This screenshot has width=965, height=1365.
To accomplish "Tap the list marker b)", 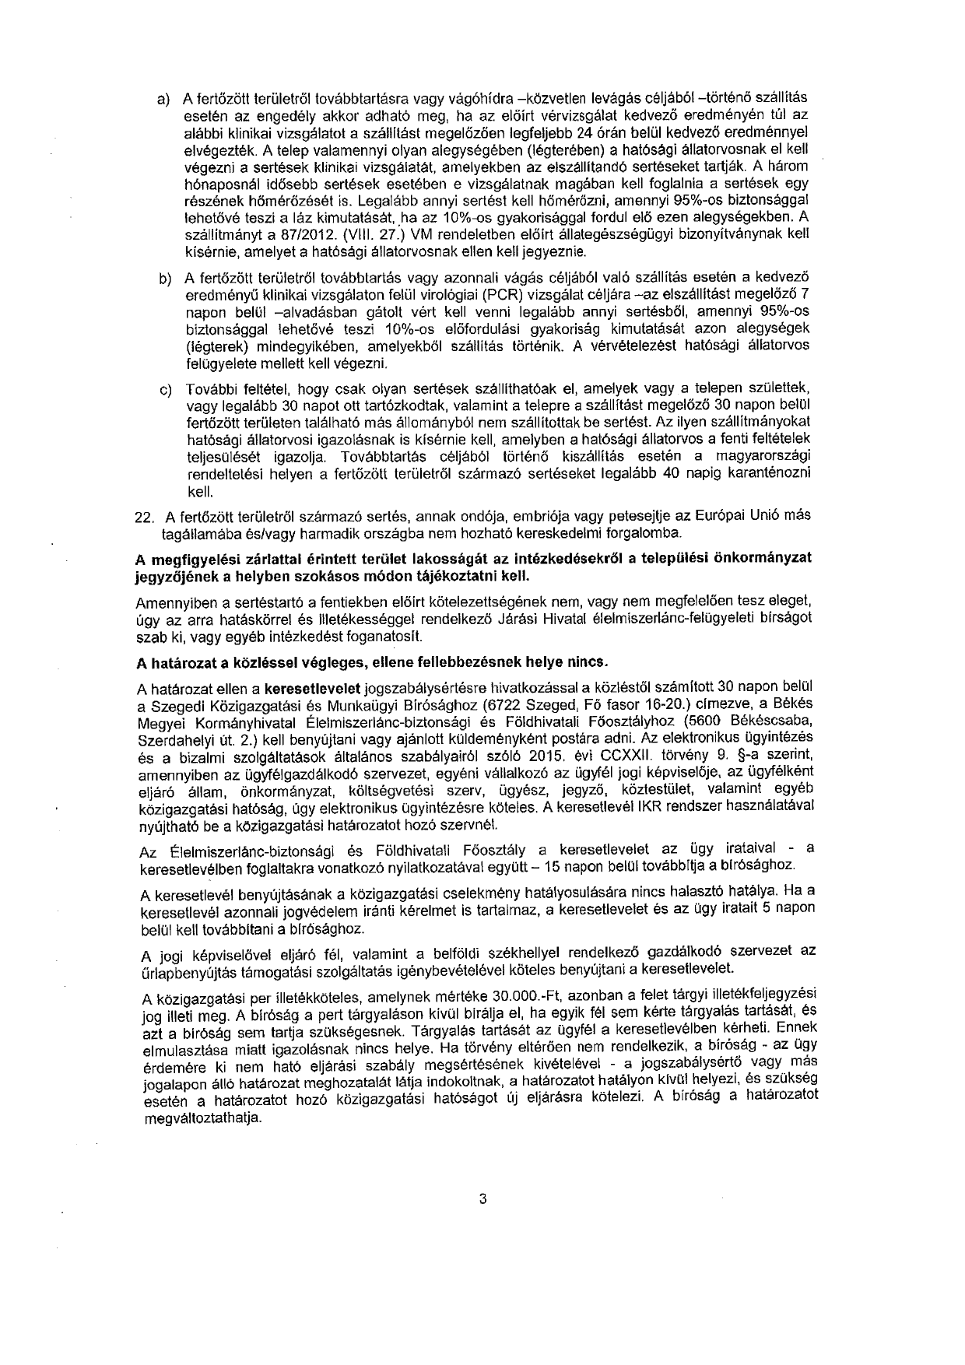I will coord(165,279).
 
